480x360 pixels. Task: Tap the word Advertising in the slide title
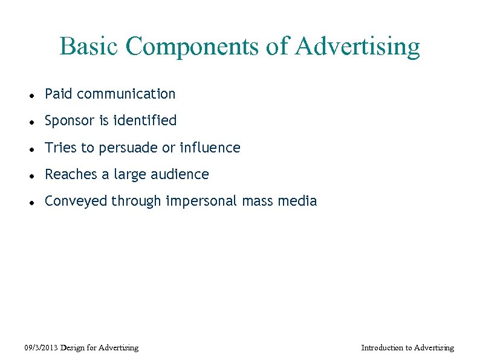357,47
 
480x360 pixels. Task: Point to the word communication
126,94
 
